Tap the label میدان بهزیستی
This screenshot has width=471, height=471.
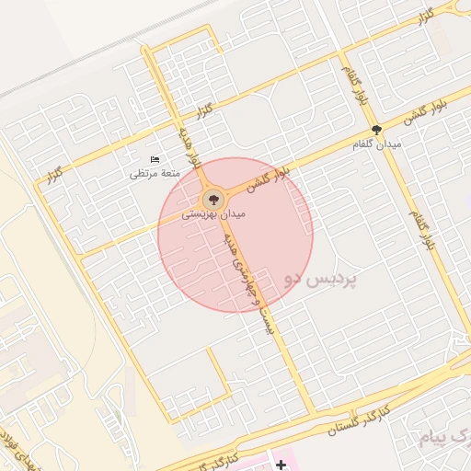213,213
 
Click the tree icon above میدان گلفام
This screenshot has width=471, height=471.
376,131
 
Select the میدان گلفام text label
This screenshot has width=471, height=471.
376,145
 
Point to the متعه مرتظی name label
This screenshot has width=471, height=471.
154,173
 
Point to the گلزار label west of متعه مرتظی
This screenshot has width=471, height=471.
56,172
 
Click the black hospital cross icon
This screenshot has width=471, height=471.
281,465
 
